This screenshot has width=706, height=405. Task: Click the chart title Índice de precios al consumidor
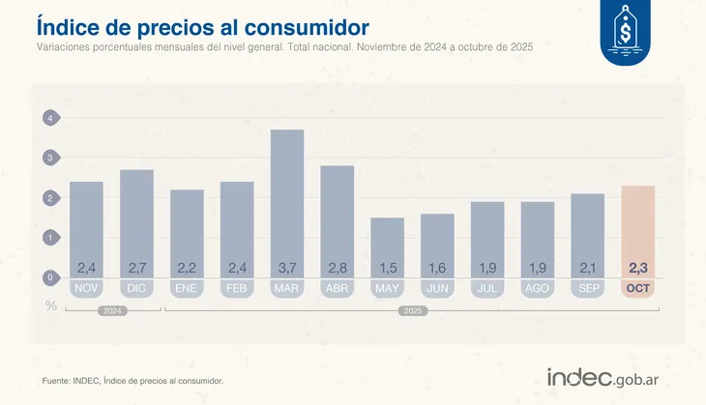201,23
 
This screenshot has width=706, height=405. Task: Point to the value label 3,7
287,268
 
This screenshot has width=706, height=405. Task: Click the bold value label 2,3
638,268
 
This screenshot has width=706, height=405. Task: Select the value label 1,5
388,268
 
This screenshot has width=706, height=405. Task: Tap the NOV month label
86,288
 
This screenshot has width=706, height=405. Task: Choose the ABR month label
338,288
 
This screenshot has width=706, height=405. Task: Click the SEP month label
588,288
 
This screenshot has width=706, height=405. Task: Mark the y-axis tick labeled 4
50,118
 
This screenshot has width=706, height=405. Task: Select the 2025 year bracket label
413,311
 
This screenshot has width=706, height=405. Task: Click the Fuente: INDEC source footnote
132,381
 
